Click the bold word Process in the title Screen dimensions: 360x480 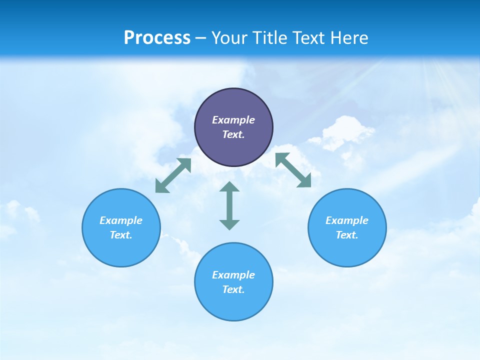point(157,38)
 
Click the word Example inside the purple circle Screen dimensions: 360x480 point(233,120)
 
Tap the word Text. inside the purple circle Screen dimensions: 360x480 point(233,134)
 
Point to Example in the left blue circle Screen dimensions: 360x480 point(121,220)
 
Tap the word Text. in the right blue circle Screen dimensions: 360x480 point(347,235)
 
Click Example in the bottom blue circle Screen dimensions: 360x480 point(233,275)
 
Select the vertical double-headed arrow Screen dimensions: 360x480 point(229,205)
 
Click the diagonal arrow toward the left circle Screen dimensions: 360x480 point(173,175)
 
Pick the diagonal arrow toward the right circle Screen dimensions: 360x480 point(293,170)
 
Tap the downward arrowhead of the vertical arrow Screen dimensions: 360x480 point(229,224)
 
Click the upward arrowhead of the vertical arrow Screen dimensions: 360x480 point(229,187)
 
